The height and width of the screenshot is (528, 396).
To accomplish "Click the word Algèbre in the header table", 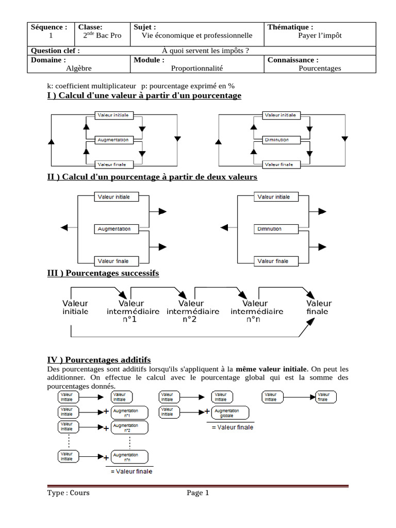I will click(79, 68).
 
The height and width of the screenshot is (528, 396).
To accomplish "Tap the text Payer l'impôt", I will click(320, 36).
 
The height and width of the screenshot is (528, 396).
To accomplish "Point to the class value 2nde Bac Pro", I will click(102, 36).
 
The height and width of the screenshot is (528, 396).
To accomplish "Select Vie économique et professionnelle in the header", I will click(197, 36).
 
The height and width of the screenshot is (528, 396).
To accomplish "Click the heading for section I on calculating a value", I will click(144, 95).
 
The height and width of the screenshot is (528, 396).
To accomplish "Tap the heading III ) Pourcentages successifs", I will click(103, 273).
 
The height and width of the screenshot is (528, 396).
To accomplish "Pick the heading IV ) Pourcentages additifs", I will click(99, 359).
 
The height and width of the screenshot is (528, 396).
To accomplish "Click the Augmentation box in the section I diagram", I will click(114, 140).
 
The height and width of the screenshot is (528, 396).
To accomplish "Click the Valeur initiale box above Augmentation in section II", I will click(114, 197).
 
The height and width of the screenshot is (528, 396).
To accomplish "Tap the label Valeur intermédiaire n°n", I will click(256, 311).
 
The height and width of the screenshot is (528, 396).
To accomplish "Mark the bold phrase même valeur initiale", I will click(272, 369).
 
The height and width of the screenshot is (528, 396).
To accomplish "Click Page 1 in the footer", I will click(198, 493).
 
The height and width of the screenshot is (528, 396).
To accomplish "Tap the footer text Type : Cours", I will click(68, 493).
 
